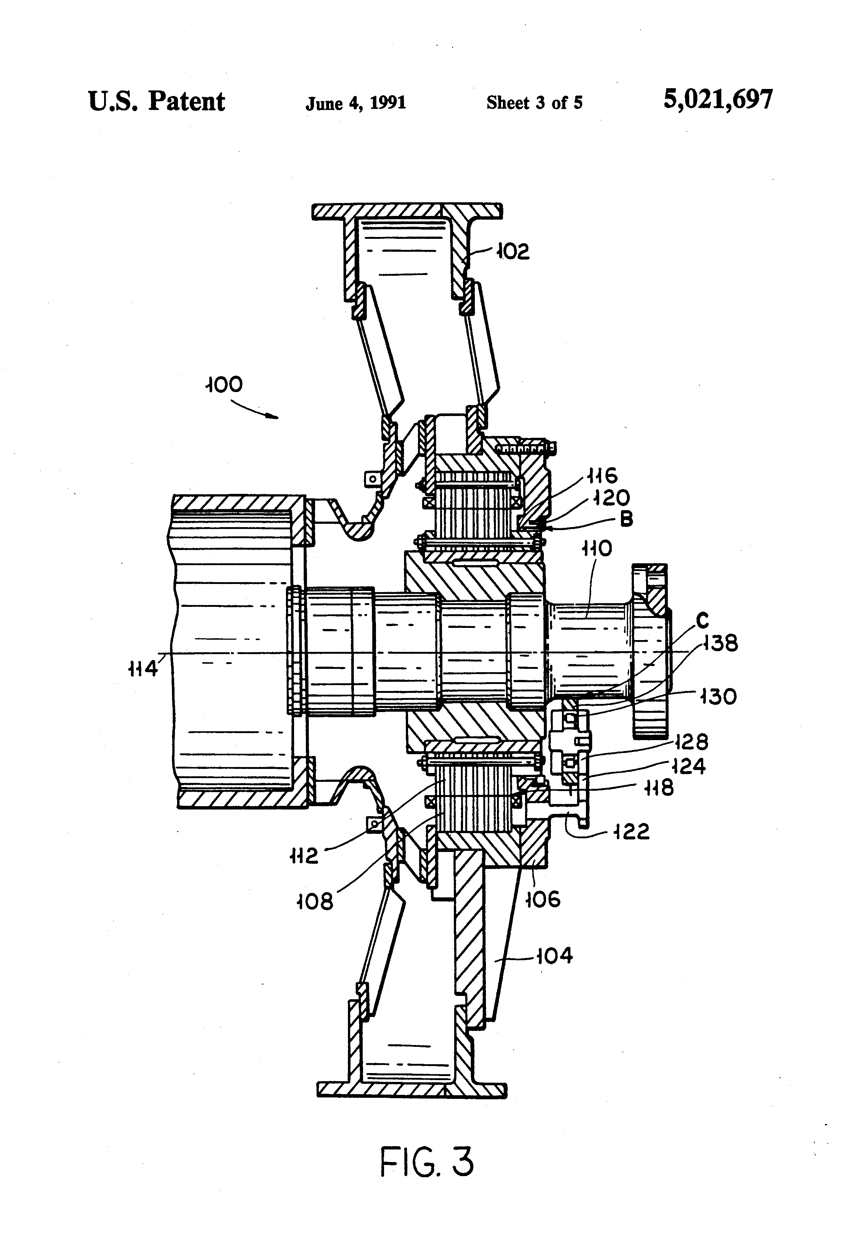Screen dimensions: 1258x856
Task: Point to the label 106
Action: point(543,900)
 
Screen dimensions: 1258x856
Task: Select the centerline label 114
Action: point(143,670)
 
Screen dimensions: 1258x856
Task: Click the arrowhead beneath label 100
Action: point(274,417)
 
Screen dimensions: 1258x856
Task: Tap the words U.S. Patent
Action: point(156,101)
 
